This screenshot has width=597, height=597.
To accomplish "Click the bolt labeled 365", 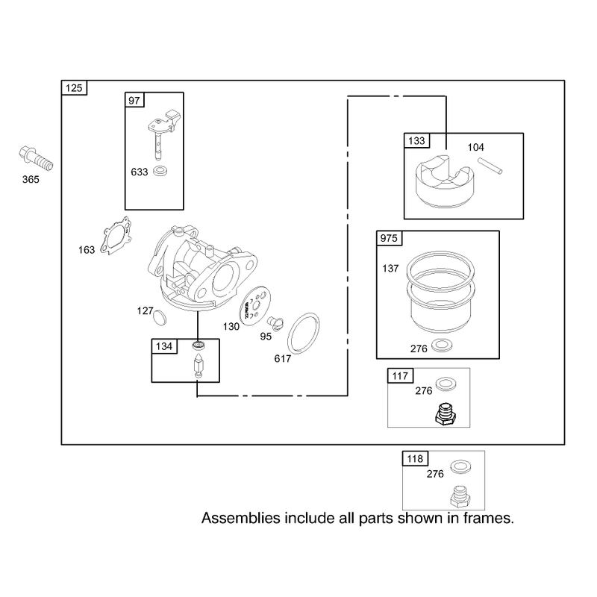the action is click(x=36, y=159).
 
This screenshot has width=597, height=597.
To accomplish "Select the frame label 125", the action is click(x=74, y=88).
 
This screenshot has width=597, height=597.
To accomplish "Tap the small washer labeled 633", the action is click(x=160, y=171).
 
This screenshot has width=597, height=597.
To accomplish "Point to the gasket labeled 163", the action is click(x=116, y=235).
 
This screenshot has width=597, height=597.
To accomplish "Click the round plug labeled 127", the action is click(x=160, y=316).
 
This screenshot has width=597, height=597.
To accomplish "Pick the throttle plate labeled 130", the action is click(x=254, y=306).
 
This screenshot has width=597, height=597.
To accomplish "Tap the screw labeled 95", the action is click(x=275, y=322).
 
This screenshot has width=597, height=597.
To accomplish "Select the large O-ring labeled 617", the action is click(x=303, y=333).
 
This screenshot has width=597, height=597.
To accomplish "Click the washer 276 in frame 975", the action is click(x=442, y=346).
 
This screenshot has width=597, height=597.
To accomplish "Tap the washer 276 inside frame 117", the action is click(x=446, y=384).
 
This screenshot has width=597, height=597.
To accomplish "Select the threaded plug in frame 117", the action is click(x=446, y=414).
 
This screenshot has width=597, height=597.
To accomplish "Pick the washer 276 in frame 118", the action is click(x=460, y=467).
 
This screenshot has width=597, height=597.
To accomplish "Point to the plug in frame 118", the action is click(x=460, y=496).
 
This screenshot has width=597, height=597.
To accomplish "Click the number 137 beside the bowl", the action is click(x=390, y=269).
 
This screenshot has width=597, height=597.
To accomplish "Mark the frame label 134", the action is click(x=164, y=346).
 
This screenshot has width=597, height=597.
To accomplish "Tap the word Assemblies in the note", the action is click(x=240, y=518).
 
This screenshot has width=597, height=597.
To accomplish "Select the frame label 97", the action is click(x=134, y=100).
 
